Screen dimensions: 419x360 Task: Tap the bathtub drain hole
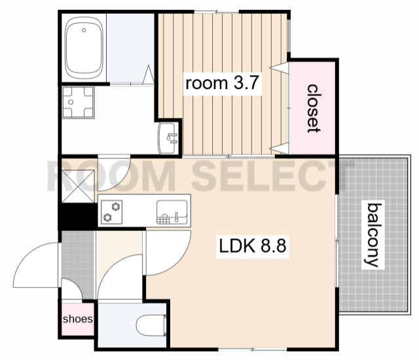point(84,30)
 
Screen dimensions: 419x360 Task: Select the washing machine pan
point(78,102)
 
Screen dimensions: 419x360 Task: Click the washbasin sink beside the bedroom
point(168,138)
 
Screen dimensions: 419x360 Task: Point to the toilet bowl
point(151,325)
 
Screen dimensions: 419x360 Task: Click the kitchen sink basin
point(172,211)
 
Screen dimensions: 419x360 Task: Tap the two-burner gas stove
point(112,212)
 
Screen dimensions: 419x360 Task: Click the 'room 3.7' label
point(222,83)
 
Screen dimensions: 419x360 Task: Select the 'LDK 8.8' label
point(253,246)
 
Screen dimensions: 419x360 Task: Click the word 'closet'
point(314,109)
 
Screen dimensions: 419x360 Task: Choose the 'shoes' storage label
point(78,319)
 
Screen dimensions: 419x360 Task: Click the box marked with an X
point(78,186)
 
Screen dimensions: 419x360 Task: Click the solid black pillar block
point(78,216)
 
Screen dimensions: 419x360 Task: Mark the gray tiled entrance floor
point(78,264)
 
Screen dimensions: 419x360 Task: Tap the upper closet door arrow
point(280,68)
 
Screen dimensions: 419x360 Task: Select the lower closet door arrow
point(280,149)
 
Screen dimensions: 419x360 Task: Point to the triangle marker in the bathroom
point(149,75)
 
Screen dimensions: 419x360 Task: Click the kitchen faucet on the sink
point(176,217)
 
